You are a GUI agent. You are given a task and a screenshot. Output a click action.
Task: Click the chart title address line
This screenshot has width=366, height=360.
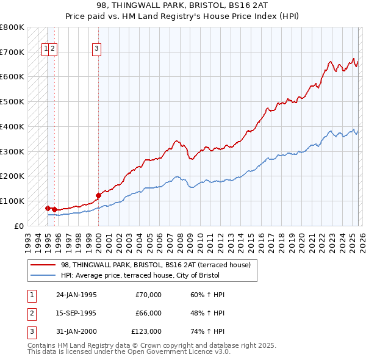[182, 4]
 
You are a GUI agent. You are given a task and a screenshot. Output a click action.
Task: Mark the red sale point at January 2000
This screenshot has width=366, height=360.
[98, 195]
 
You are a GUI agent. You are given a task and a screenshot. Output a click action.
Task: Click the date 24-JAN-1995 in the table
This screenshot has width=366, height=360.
[76, 295]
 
